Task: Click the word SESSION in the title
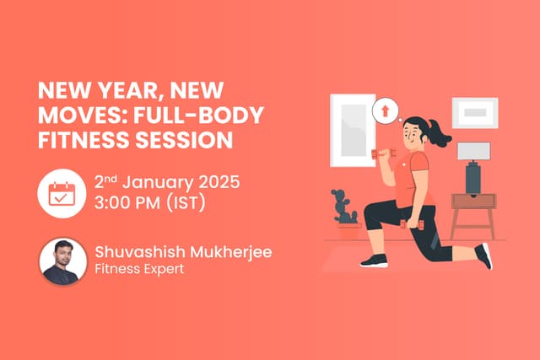click(186, 140)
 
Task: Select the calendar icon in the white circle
click(62, 192)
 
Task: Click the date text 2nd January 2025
click(168, 181)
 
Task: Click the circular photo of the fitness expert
click(63, 261)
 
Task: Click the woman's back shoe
click(484, 255)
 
